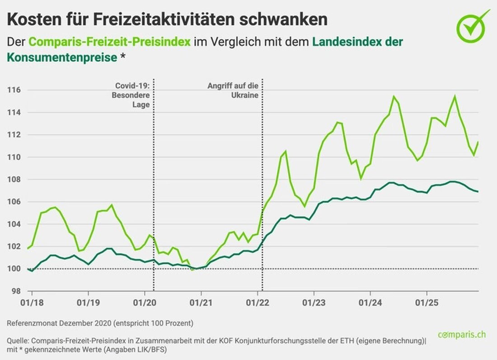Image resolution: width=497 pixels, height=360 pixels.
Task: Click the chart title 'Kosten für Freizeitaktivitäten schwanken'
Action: [x=167, y=19]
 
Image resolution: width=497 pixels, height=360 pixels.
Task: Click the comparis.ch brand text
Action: [x=462, y=335]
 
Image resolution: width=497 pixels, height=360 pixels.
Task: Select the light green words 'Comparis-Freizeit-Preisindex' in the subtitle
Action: [x=109, y=42]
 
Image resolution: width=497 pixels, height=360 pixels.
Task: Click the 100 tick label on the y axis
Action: [x=14, y=269]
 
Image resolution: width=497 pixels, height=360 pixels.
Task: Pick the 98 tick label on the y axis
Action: [x=15, y=291]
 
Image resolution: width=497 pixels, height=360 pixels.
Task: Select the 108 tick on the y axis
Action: [x=14, y=180]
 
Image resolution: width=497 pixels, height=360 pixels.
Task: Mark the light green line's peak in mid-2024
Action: [x=394, y=96]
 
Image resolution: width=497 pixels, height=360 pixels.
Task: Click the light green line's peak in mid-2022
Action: [x=286, y=151]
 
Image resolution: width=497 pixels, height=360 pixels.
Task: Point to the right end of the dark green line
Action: [x=478, y=192]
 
